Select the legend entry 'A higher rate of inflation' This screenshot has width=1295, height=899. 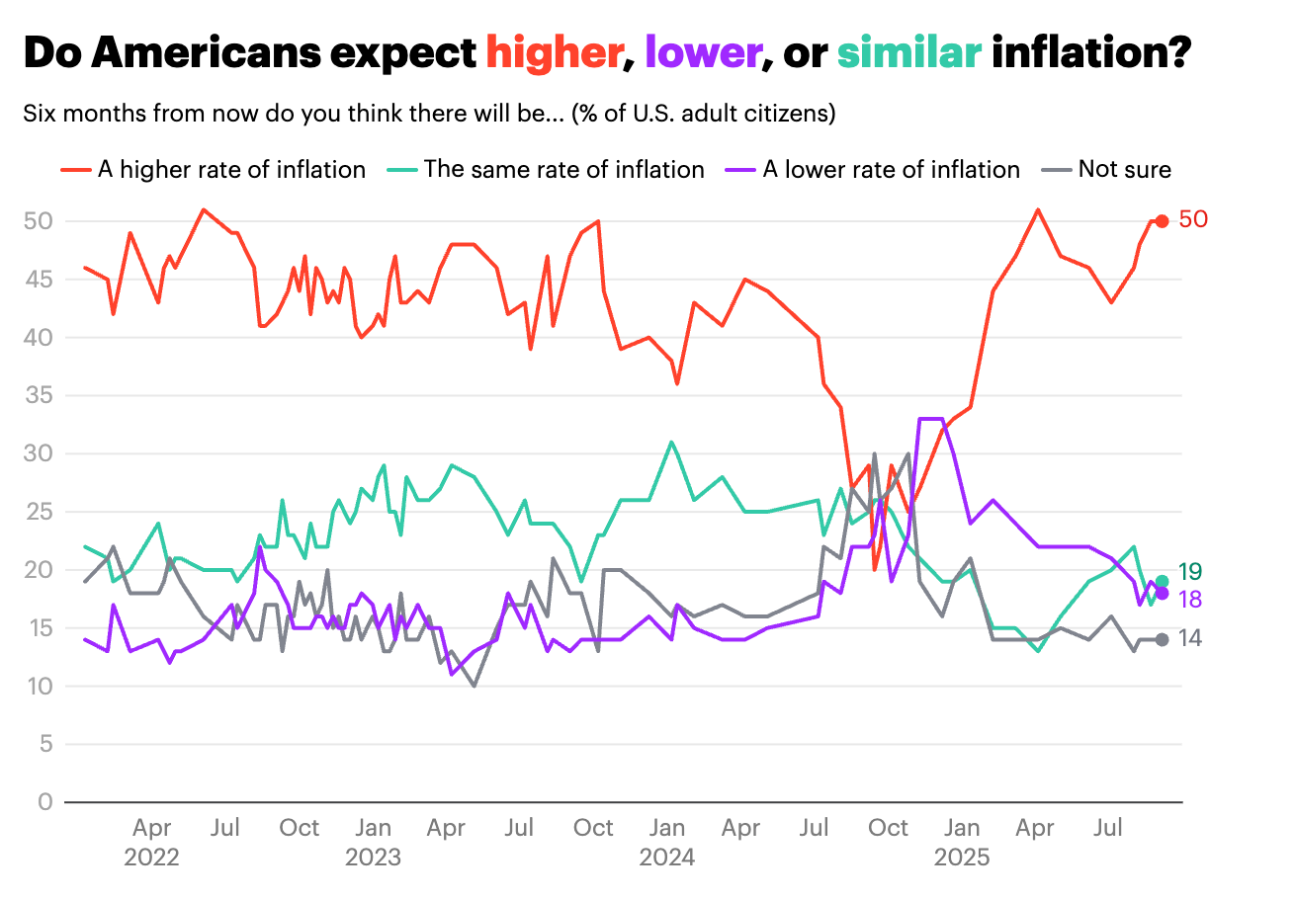point(231,169)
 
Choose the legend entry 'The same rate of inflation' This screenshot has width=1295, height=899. point(563,169)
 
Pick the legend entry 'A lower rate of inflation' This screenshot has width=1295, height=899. point(891,169)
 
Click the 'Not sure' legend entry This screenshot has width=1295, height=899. point(1124,169)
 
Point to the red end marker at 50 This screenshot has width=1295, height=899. point(1162,221)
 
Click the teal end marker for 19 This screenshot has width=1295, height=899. point(1162,582)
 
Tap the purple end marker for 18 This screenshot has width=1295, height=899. point(1162,593)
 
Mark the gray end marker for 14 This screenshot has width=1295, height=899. point(1162,639)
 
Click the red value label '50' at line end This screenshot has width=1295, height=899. point(1193,220)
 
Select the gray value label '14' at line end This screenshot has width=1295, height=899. point(1190,639)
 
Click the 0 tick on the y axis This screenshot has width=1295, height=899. point(44,802)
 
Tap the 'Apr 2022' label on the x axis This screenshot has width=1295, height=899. point(151,842)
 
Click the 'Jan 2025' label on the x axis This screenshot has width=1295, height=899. point(962,842)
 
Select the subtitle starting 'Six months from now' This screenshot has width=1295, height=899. point(429,114)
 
